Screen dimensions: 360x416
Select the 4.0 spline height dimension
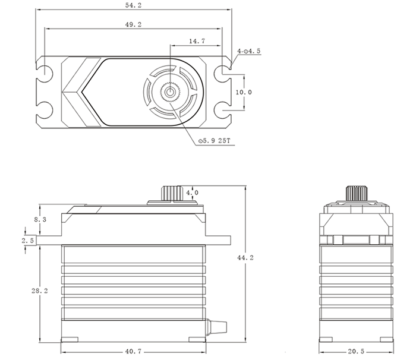pos(193,193)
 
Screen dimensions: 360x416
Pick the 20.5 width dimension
pos(356,351)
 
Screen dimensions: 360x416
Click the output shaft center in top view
pos(171,92)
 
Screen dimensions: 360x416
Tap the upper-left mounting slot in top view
pos(46,72)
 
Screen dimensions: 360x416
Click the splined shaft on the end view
pos(356,194)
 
